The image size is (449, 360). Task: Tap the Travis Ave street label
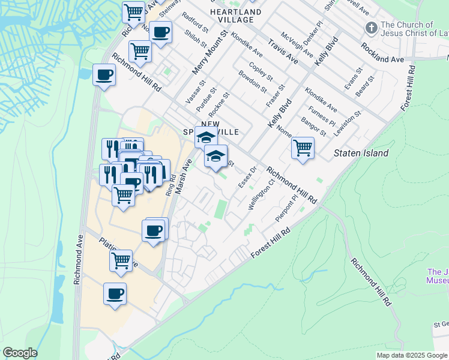[x=283, y=52]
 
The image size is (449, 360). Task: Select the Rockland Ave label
[x=382, y=52]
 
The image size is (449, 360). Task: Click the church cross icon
[x=371, y=28]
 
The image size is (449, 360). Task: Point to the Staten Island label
[x=361, y=153]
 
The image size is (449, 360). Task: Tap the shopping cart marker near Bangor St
[x=303, y=148]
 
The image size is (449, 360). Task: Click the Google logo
[x=20, y=353]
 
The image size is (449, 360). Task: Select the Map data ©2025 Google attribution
[x=412, y=355]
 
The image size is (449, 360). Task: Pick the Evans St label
[x=354, y=78]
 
